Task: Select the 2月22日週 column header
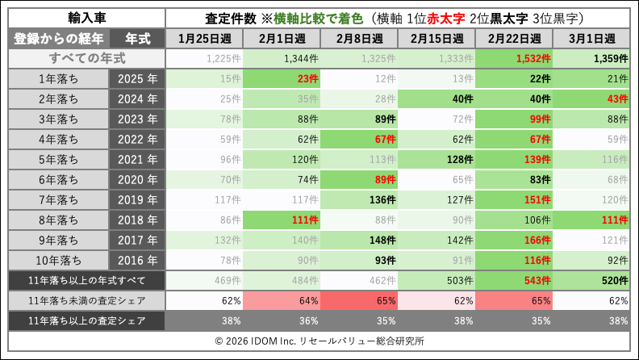tap(514, 38)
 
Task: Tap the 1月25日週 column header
tap(204, 38)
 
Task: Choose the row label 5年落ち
tap(58, 159)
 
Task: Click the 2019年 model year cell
tap(136, 199)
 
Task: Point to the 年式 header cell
tap(136, 38)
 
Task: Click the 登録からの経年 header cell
tap(58, 38)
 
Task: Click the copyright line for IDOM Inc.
tap(319, 341)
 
